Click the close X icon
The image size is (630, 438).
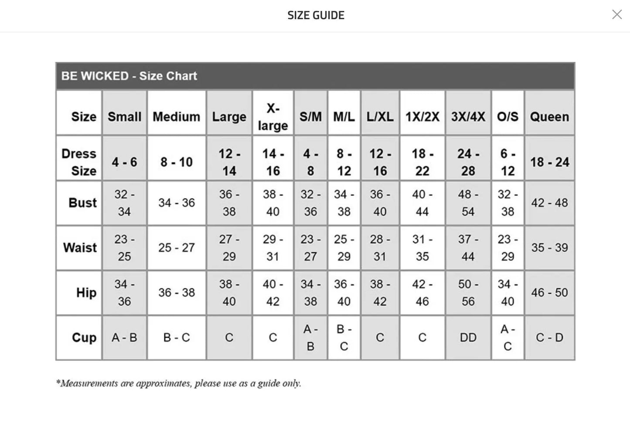616,15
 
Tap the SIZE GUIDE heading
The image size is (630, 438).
316,15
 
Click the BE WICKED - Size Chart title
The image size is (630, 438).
129,76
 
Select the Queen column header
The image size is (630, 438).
549,116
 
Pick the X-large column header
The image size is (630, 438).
273,116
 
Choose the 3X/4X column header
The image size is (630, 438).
468,116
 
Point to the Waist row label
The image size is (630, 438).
80,248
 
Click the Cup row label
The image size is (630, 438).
84,338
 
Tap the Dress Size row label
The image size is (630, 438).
79,162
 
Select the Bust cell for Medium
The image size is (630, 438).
177,203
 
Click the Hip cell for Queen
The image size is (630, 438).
549,292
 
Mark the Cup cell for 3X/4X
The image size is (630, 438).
468,337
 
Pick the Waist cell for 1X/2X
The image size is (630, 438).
422,248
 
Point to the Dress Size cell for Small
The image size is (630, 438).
124,162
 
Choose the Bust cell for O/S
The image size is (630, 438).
507,203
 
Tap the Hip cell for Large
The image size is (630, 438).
229,292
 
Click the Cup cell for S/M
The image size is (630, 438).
310,337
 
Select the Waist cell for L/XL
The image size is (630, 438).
380,248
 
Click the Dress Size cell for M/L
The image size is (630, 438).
344,162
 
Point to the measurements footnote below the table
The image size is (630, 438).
179,383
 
